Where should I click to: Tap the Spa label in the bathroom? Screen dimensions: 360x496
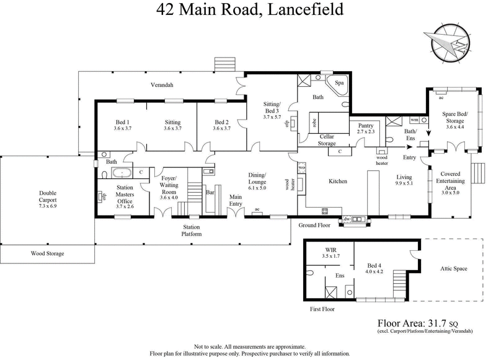coord(340,82)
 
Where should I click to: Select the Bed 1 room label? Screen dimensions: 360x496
coord(122,125)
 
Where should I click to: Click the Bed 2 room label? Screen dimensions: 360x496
coord(222,125)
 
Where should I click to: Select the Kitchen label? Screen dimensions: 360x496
coord(337,182)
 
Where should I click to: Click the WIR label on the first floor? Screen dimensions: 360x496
coord(330,251)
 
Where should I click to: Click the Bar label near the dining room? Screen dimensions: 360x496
coord(210,192)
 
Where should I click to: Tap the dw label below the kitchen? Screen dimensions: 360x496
coord(347,219)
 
